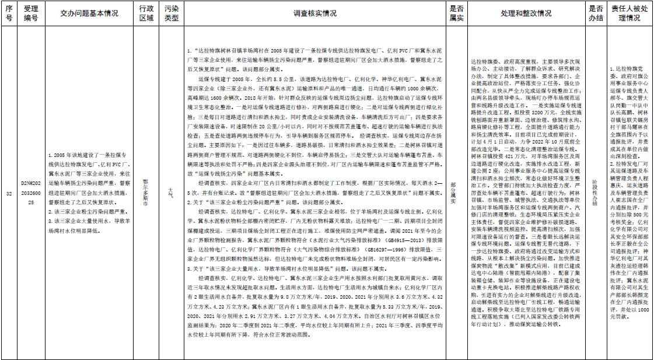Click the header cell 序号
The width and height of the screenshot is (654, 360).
[8, 14]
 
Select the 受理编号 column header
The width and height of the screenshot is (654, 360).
[30, 14]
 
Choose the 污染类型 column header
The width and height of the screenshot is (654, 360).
[171, 14]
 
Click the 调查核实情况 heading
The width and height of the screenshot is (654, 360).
[315, 14]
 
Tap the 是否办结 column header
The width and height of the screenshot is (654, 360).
[595, 14]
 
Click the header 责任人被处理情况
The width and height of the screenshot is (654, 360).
[630, 14]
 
